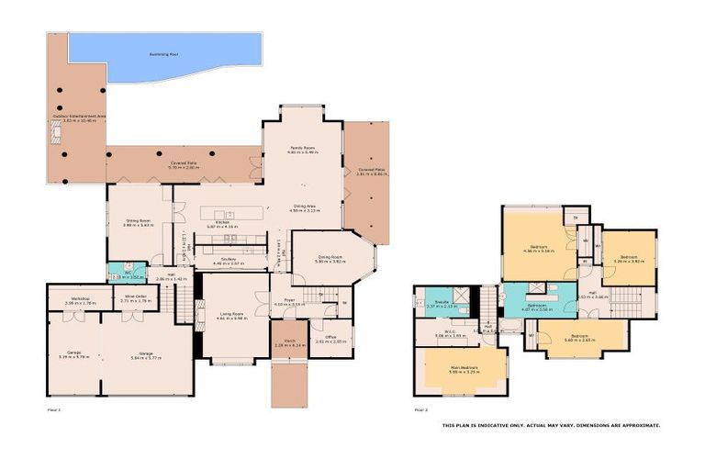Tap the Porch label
point(288,341)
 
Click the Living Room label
point(231,314)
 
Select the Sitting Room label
point(138,220)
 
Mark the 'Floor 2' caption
point(421,408)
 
